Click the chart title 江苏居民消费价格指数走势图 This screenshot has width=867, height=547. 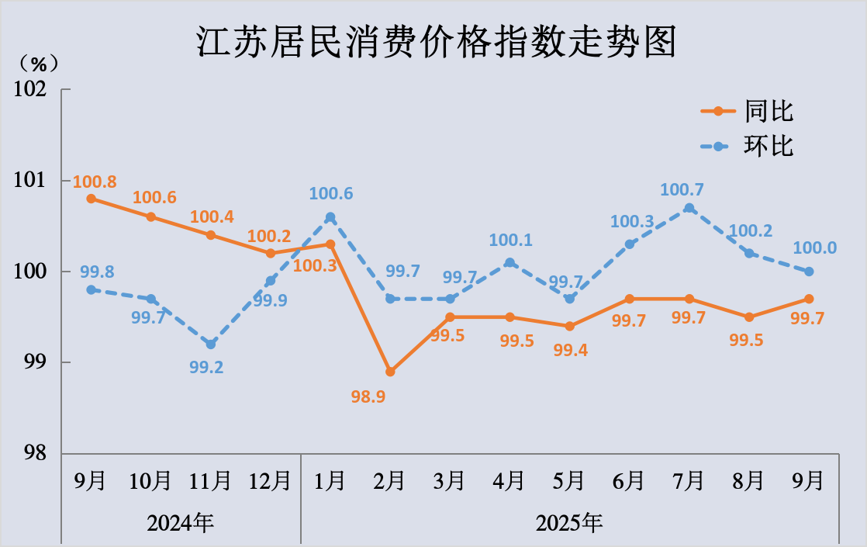(x=435, y=42)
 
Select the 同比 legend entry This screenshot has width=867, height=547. (x=769, y=111)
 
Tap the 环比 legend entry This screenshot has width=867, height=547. (x=769, y=146)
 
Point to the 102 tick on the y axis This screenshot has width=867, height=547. (x=30, y=89)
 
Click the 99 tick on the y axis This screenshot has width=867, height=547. (x=35, y=362)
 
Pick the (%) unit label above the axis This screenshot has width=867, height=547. (x=39, y=62)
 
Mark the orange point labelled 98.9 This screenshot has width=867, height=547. (x=390, y=372)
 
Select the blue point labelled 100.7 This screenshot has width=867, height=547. (x=689, y=208)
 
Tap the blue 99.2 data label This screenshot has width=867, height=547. (x=206, y=368)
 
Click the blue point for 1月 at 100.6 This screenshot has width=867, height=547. (x=330, y=217)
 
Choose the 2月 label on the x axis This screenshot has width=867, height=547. (x=390, y=481)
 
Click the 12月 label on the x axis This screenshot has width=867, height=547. (x=270, y=481)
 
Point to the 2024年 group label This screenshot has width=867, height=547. (x=180, y=522)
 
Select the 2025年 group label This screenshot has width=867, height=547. (x=569, y=522)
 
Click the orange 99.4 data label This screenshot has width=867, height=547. (x=570, y=350)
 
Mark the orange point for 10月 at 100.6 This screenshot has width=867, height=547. (x=151, y=217)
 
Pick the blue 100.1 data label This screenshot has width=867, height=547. (x=510, y=241)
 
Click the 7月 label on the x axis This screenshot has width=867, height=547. (x=689, y=481)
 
